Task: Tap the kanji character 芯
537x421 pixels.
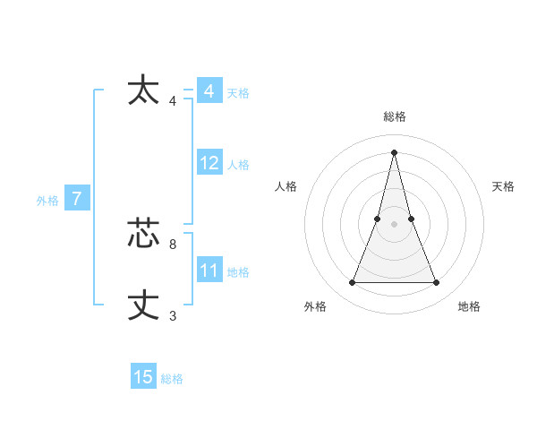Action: (x=144, y=233)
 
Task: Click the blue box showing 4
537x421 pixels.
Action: (x=209, y=91)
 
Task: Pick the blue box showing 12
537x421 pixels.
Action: (x=209, y=163)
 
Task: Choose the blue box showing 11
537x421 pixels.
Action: (x=209, y=271)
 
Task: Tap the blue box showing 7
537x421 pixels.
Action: (x=77, y=199)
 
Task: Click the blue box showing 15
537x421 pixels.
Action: (x=143, y=377)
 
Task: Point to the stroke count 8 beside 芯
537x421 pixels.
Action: (x=173, y=244)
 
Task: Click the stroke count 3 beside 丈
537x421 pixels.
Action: (x=173, y=315)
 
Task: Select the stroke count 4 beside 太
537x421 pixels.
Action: (x=173, y=100)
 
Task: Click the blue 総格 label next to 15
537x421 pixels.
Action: (x=172, y=379)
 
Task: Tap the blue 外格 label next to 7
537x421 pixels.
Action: (x=47, y=201)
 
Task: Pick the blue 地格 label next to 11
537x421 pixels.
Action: (x=238, y=272)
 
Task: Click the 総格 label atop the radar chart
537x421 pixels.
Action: (x=395, y=116)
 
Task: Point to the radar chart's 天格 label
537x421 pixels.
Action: (x=504, y=186)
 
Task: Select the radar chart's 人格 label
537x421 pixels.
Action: (x=286, y=186)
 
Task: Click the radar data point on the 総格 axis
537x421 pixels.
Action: (x=395, y=151)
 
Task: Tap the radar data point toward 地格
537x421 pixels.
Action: (x=437, y=283)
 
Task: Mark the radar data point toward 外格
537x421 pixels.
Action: (x=352, y=283)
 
